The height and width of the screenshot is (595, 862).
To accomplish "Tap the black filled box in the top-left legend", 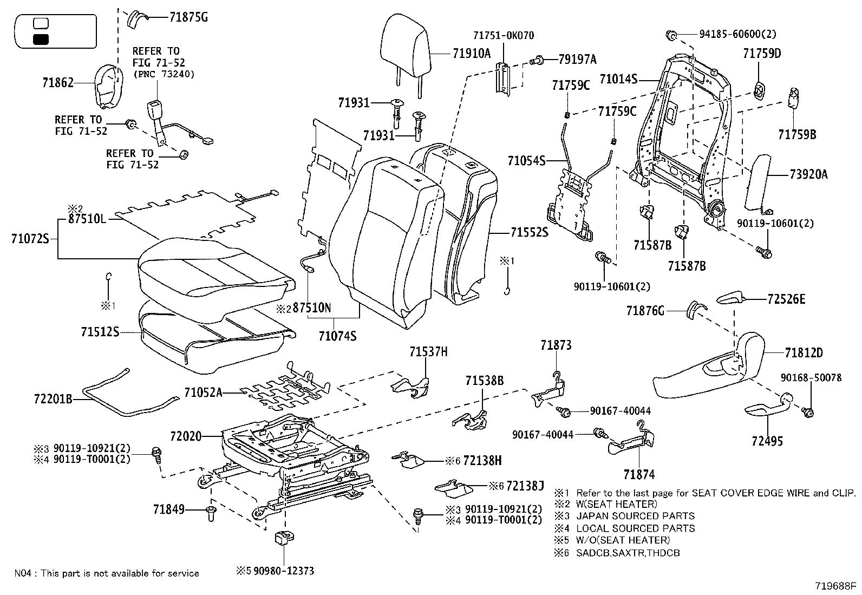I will pos(41,39).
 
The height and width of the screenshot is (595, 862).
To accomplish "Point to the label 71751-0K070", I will pos(503,36).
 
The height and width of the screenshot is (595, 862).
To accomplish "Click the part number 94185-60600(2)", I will pos(737,34).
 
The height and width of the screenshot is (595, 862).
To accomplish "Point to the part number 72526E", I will pos(786,299).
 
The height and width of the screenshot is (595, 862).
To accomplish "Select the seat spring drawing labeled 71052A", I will pos(282,387).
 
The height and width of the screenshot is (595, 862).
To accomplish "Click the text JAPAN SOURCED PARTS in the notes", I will pos(635,516).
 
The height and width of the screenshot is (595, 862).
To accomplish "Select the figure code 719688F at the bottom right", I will pos(835,586).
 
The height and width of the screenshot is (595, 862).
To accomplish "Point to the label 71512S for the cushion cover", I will pos(100,332).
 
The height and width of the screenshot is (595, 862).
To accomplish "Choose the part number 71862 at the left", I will pos(57,83).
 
